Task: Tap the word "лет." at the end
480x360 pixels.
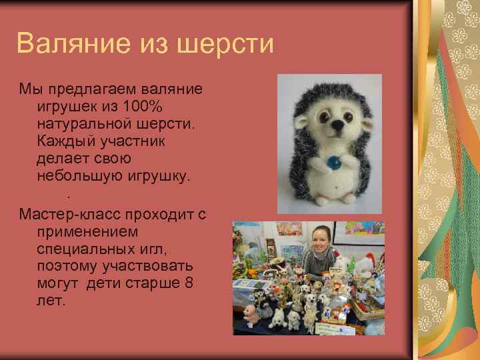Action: click(x=52, y=301)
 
